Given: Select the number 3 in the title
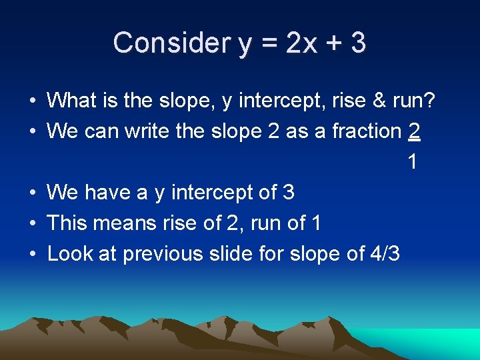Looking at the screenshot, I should point(358,43).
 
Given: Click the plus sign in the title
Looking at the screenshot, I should point(332,44).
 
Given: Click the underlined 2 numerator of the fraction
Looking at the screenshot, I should point(414,131).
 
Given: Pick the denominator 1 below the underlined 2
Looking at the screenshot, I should point(413,161).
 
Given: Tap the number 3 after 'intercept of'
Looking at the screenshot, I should point(288,192).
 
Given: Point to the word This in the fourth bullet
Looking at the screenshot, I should point(67,223).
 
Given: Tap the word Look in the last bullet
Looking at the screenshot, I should point(68,253).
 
